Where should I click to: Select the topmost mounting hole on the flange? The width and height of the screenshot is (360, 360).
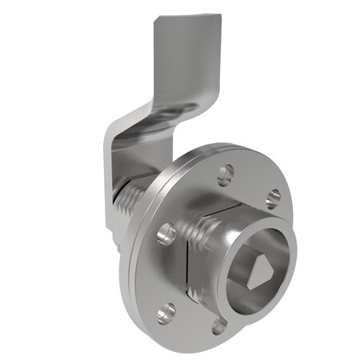point(226,171)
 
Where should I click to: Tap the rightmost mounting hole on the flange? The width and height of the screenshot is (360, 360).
point(272,197)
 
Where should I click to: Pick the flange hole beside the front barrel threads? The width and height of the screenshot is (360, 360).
point(166,233)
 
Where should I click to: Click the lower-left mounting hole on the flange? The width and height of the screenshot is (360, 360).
point(166,311)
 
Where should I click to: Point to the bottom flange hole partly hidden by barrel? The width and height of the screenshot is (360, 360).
point(218,325)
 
